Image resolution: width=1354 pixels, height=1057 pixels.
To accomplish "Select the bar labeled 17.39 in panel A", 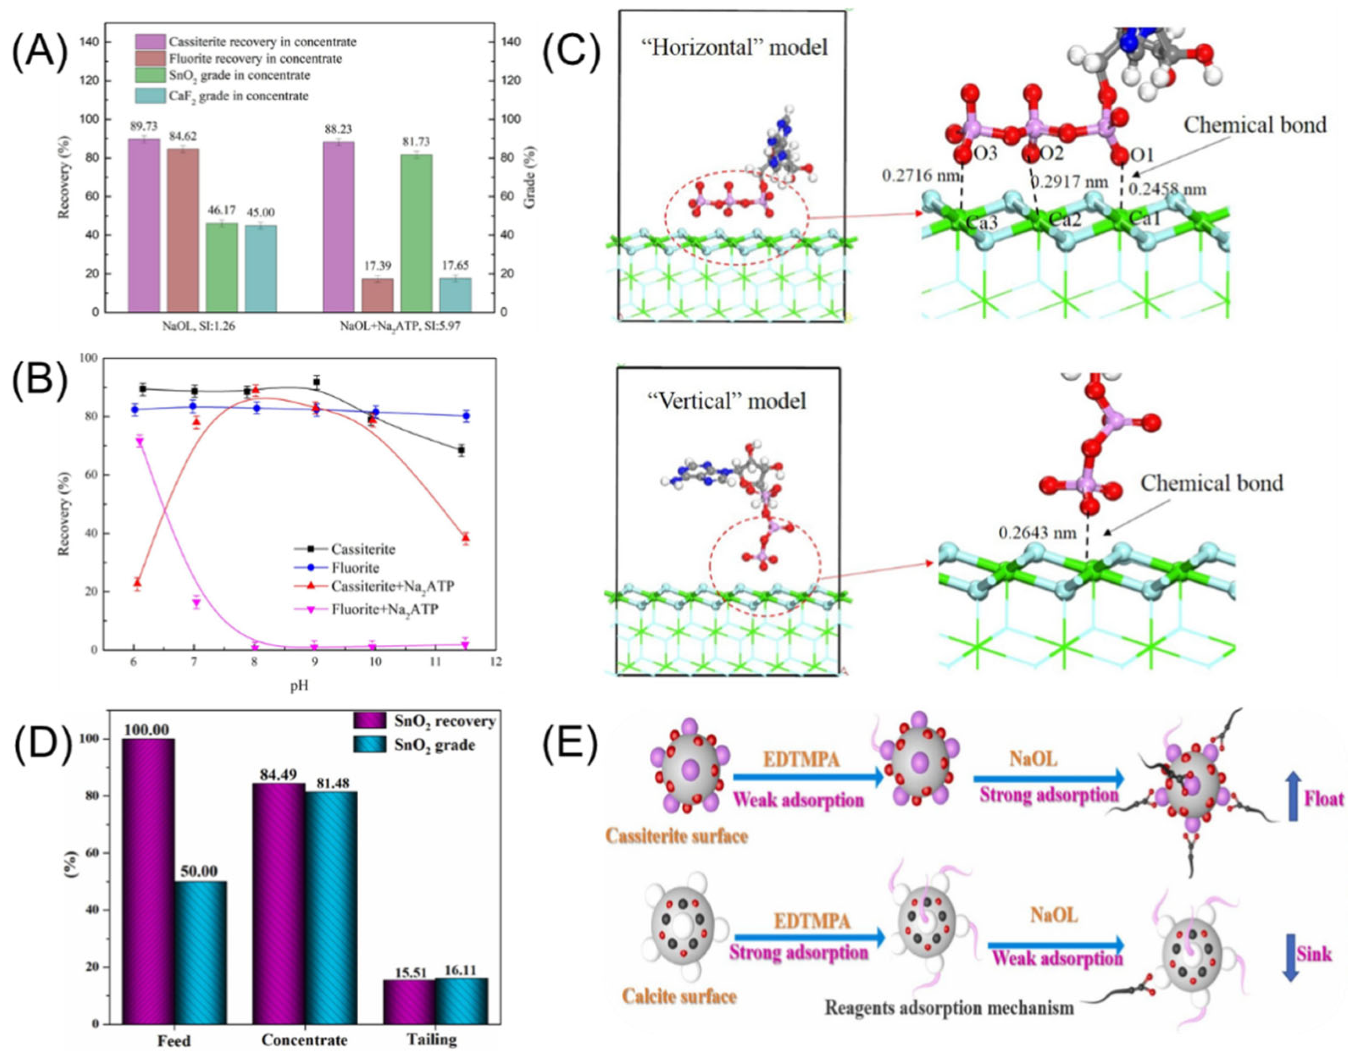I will (377, 295).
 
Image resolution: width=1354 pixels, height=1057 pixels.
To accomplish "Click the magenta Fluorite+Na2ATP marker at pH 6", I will (139, 441).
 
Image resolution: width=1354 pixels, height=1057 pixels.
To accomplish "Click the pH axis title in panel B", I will (299, 686).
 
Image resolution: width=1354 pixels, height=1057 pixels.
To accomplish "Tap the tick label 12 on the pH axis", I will (495, 662).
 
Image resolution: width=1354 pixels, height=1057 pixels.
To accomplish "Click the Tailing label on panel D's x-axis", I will (432, 1039).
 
